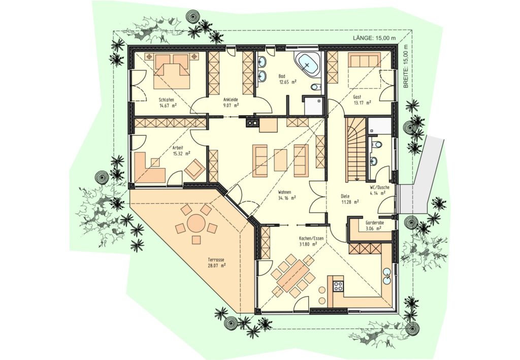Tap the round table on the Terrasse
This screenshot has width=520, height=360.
tap(196, 223)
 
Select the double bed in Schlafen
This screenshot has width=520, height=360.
tap(171, 72)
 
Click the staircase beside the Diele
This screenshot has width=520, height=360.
tap(356, 149)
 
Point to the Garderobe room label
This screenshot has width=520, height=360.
tap(374, 223)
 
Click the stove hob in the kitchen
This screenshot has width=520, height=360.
tap(338, 286)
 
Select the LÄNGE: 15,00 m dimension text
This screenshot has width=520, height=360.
tap(374, 38)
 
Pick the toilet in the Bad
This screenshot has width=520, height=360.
tap(316, 87)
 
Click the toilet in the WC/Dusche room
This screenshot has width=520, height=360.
tap(376, 145)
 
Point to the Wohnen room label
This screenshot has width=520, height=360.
tap(285, 192)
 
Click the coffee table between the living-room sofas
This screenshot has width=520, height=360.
tap(280, 160)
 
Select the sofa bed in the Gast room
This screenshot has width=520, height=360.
tap(364, 61)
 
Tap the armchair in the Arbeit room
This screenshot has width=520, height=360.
tap(195, 168)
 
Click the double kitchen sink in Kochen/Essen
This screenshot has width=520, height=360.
tap(386, 276)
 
